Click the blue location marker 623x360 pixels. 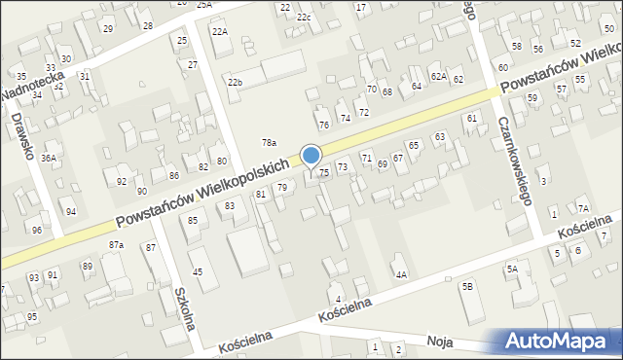(x=311, y=156)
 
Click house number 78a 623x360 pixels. (x=269, y=143)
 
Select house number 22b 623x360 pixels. (x=235, y=82)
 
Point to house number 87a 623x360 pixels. (x=116, y=244)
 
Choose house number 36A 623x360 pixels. (x=49, y=158)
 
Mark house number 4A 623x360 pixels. (x=400, y=274)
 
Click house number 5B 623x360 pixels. (x=467, y=286)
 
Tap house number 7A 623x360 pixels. (x=582, y=208)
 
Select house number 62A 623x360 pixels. (x=439, y=76)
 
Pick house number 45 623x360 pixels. (x=198, y=271)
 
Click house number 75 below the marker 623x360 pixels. (x=324, y=172)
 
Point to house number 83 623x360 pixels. (x=230, y=206)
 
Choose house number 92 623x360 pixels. (x=122, y=182)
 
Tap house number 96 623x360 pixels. (x=36, y=230)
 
